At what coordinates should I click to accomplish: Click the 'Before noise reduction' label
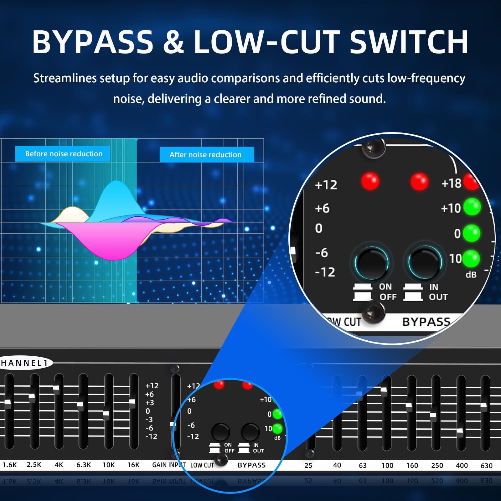(x=64, y=154)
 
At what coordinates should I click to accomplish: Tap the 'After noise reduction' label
(x=205, y=155)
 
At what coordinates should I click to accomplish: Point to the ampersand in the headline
(x=173, y=42)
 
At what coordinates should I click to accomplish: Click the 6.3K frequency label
(x=84, y=465)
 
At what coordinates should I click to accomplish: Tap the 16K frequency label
(x=133, y=465)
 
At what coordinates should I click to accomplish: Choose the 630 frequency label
(x=486, y=466)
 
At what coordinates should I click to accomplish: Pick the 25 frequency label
(x=308, y=466)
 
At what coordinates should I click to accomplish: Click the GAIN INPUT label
(x=169, y=465)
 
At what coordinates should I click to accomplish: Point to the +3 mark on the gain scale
(x=149, y=403)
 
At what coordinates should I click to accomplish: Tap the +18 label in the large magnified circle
(x=451, y=183)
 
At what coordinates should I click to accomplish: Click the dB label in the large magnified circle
(x=471, y=275)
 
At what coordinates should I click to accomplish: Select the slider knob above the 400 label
(x=460, y=431)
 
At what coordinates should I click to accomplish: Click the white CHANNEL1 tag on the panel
(x=25, y=363)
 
